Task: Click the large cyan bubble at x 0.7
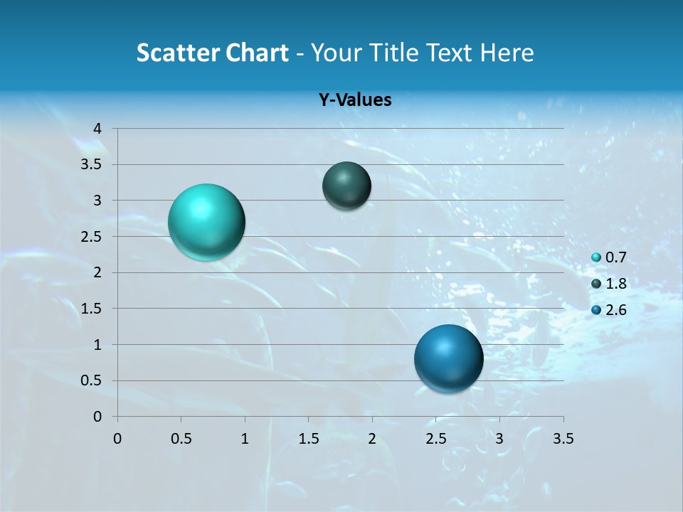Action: click(206, 222)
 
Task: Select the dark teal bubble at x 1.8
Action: click(346, 186)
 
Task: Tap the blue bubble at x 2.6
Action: click(448, 358)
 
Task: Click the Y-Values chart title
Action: click(355, 100)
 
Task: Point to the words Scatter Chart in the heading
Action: click(213, 53)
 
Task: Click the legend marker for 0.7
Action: click(596, 258)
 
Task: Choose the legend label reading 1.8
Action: click(615, 284)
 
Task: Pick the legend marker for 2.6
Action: click(596, 310)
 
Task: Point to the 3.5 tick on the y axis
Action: click(93, 165)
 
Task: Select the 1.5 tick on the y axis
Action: click(93, 309)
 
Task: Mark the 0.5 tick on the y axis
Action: click(93, 380)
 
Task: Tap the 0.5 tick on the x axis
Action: click(181, 439)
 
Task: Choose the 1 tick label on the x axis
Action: click(245, 439)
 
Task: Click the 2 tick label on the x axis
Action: click(372, 439)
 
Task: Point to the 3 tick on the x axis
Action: click(499, 439)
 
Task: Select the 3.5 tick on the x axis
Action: click(563, 439)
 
